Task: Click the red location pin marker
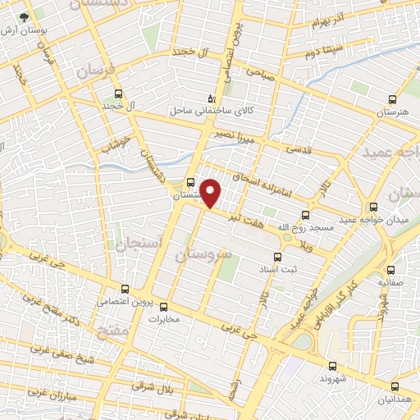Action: point(211,192)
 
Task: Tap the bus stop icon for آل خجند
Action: point(119,94)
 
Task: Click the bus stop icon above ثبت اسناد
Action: point(288,255)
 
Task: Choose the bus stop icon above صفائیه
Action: point(390,269)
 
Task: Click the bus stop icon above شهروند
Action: point(332,367)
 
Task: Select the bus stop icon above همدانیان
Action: point(396,386)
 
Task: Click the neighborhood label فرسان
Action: point(98,72)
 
